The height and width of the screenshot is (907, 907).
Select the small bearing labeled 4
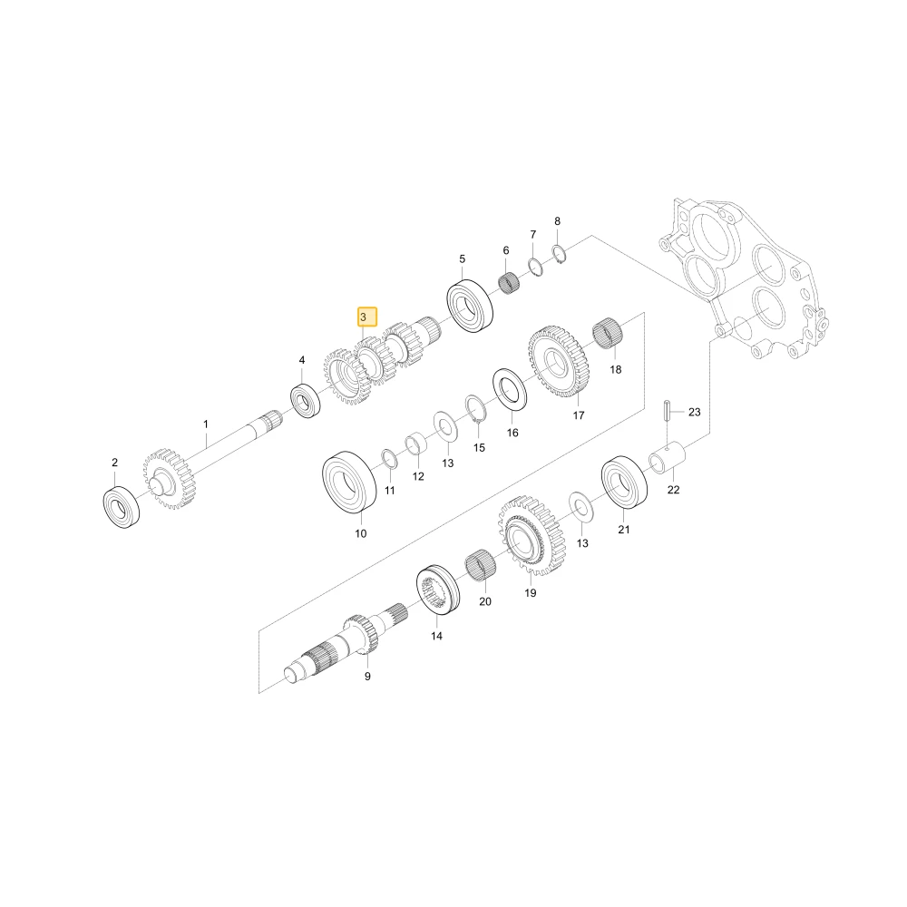(x=306, y=400)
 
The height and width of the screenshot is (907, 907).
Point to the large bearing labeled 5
(x=470, y=306)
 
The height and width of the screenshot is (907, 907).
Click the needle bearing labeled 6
(x=509, y=283)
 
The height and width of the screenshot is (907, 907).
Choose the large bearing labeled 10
(x=349, y=483)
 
